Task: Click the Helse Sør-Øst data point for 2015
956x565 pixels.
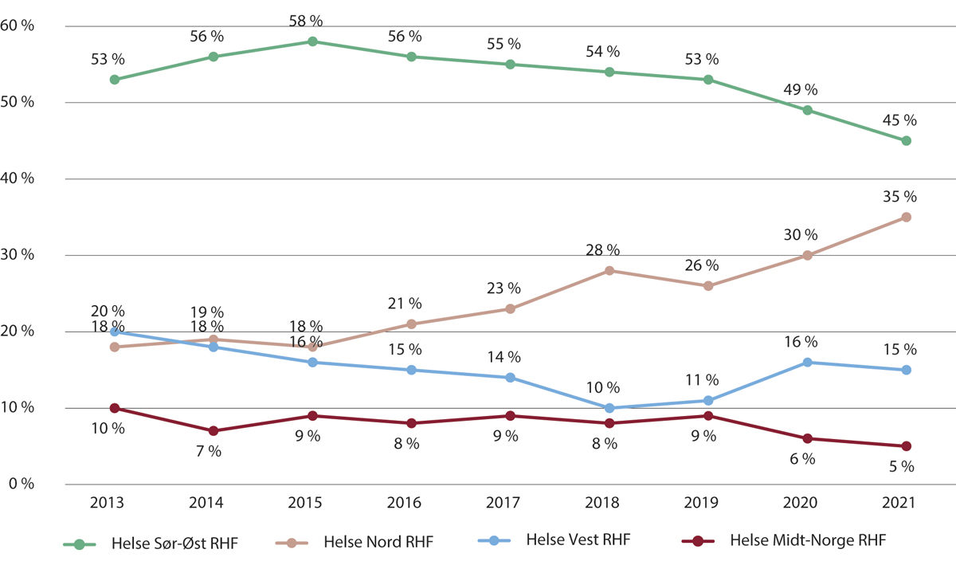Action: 312,41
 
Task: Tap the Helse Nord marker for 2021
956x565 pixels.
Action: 906,217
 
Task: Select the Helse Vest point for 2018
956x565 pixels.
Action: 609,408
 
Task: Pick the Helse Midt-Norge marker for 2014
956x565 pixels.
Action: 214,431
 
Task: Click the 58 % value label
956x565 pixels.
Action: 306,21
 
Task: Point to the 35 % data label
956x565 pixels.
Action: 900,197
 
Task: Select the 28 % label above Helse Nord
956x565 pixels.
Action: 603,250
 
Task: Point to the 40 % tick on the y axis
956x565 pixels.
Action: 18,179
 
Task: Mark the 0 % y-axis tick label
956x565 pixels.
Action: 21,485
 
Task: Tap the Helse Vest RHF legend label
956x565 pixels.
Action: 578,542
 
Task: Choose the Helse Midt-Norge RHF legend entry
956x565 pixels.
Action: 808,542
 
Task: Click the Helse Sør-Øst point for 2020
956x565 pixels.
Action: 807,111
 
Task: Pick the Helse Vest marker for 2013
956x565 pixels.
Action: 115,332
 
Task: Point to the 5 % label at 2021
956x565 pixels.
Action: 901,467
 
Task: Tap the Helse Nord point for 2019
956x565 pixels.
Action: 708,285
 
